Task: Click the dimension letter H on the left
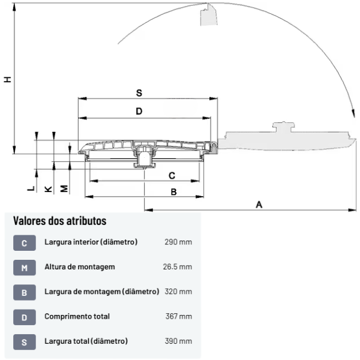tap(7, 79)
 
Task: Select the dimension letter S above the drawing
tap(139, 93)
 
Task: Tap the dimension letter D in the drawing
tap(139, 111)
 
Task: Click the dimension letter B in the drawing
tap(173, 192)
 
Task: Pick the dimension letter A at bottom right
tap(259, 205)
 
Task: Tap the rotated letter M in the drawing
tap(64, 188)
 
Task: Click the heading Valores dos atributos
tap(59, 221)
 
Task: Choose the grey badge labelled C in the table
tap(24, 243)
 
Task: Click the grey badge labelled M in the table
tap(24, 268)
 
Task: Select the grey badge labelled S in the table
tap(24, 342)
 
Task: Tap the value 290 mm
tap(178, 242)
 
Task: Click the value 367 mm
tap(178, 316)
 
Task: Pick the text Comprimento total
tap(77, 316)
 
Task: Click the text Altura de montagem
tap(79, 267)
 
